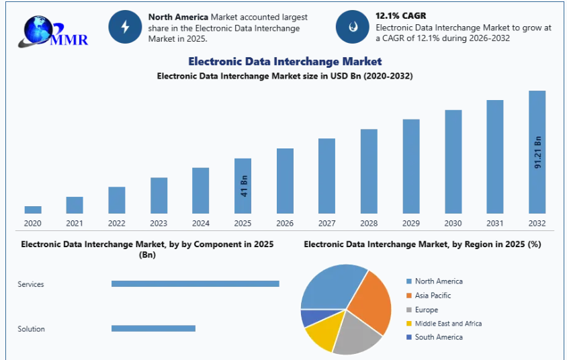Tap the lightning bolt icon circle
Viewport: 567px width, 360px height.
coord(125,27)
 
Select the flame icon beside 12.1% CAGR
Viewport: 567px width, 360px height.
coord(353,27)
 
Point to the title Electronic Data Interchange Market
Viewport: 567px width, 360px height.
coord(285,62)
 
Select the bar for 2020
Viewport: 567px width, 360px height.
coord(33,210)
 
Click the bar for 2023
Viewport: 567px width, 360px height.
coord(159,195)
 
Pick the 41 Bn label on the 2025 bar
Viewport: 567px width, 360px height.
coord(244,185)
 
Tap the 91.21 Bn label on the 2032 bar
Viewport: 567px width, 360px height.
coord(537,152)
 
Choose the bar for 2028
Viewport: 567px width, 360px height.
coord(369,171)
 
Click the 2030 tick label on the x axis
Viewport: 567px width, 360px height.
coord(453,224)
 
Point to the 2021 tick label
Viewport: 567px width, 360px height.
coord(75,224)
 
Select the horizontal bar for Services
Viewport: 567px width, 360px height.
coord(195,284)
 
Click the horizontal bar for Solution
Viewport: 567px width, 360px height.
coord(153,328)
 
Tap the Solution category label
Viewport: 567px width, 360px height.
coord(32,329)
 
